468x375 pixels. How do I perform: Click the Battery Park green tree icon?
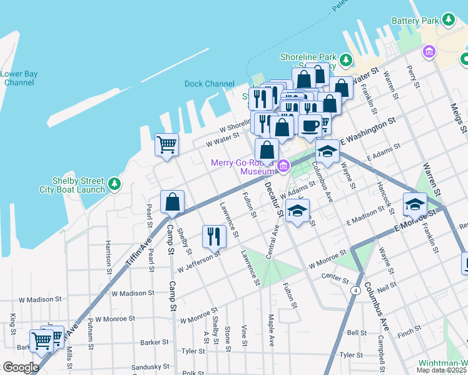[x=449, y=20]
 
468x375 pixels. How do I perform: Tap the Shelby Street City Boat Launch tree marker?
[x=113, y=184]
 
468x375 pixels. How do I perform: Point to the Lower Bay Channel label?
[x=19, y=78]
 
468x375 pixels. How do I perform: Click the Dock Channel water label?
[x=209, y=84]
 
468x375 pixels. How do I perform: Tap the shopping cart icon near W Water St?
[x=166, y=145]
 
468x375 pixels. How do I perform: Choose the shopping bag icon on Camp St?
[x=172, y=202]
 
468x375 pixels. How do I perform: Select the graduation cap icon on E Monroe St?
[x=414, y=204]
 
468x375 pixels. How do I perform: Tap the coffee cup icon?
[x=310, y=126]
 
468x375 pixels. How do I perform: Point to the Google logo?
[x=21, y=367]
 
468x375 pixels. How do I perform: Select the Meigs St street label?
[x=462, y=118]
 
